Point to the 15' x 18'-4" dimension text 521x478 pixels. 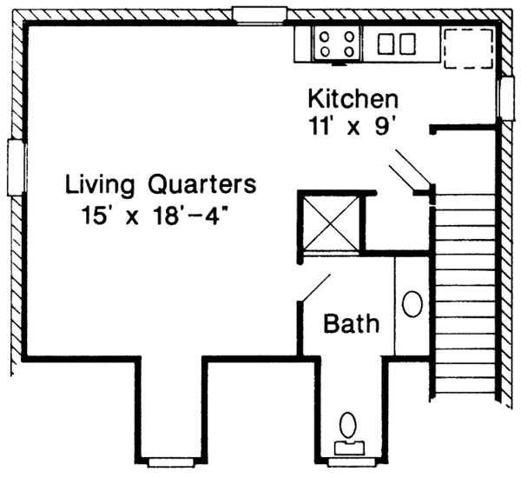[155, 212]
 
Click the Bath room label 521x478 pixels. [352, 324]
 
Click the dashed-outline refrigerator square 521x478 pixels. [468, 46]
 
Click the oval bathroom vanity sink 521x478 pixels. [413, 304]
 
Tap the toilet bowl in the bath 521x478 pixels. [349, 426]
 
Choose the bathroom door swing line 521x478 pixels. [315, 288]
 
